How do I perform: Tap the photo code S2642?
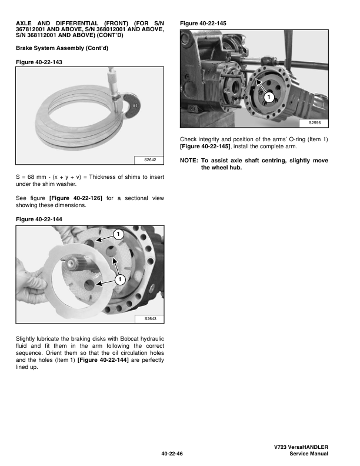coord(149,159)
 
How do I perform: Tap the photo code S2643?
coord(149,318)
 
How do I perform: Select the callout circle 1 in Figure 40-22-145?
coord(268,96)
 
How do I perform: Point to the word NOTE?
coord(189,160)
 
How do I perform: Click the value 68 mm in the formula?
coord(34,177)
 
